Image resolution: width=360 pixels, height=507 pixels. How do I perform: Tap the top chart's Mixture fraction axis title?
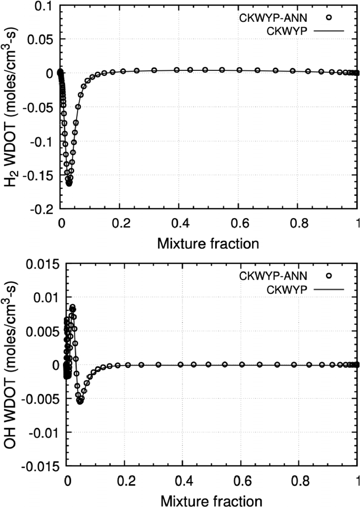[x=208, y=243]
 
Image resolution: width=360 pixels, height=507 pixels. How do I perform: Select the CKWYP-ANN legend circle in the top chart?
[x=328, y=17]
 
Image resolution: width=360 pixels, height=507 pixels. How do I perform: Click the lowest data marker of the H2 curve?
[x=69, y=183]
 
